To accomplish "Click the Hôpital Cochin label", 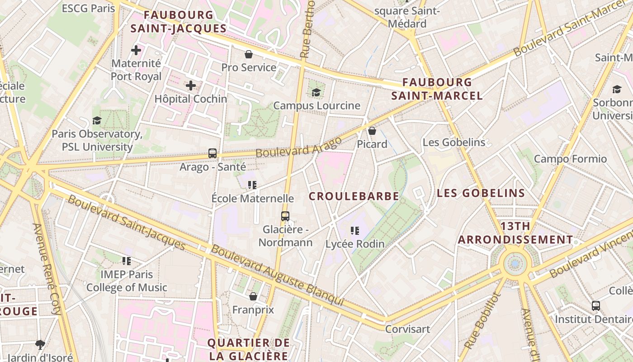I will (x=191, y=99).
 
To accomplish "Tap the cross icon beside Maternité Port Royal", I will (x=136, y=50).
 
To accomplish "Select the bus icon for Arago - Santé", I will (x=213, y=153).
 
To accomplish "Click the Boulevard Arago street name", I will (x=298, y=147).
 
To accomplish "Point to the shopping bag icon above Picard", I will (x=372, y=131).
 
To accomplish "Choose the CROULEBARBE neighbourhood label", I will (x=354, y=196).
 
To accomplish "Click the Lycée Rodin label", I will (x=355, y=244).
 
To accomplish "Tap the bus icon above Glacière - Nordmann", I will (x=285, y=216).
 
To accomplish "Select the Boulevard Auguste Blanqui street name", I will (x=277, y=275).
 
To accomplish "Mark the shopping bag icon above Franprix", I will (x=253, y=296).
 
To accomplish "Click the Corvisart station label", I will (x=407, y=329).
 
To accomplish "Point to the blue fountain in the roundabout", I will (x=515, y=263).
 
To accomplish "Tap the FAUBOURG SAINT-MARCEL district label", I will (x=437, y=89).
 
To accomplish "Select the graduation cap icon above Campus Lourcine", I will (x=316, y=92).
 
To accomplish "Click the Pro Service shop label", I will (x=249, y=67).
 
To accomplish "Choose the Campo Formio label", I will (x=570, y=159).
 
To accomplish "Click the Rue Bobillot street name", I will (x=483, y=320).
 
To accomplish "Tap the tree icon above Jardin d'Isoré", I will (x=40, y=344).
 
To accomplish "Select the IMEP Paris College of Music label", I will (x=127, y=281).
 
